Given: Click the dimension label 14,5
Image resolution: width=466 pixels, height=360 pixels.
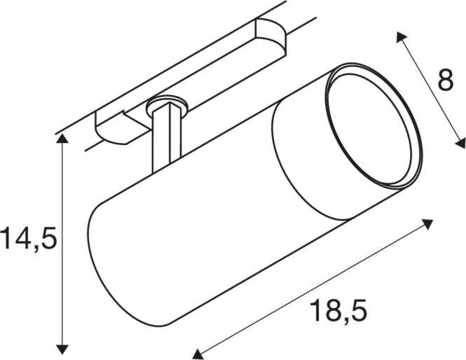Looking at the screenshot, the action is pyautogui.click(x=29, y=238).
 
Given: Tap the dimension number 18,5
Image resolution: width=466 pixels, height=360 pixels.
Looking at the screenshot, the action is pyautogui.click(x=338, y=310).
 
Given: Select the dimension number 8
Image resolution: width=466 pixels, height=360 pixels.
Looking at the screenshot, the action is pyautogui.click(x=446, y=80).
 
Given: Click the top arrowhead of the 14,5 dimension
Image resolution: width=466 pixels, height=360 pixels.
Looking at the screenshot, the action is pyautogui.click(x=62, y=139).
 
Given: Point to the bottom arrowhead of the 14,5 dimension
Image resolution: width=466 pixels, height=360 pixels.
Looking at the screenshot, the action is pyautogui.click(x=62, y=349).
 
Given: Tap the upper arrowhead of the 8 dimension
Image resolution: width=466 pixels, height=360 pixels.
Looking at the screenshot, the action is pyautogui.click(x=400, y=37).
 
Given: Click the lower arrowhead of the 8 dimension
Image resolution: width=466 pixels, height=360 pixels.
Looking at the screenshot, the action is pyautogui.click(x=461, y=144).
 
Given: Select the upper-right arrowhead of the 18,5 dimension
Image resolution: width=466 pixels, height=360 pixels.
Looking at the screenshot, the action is pyautogui.click(x=427, y=223).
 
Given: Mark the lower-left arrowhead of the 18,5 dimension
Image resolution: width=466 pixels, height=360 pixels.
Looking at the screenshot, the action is pyautogui.click(x=197, y=354).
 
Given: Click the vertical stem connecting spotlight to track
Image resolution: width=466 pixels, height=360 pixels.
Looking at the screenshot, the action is pyautogui.click(x=166, y=137).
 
